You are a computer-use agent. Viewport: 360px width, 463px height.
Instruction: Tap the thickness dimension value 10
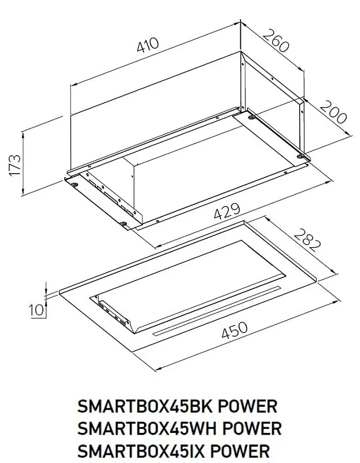click(37, 310)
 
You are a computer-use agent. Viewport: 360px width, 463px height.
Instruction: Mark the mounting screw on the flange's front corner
click(124, 224)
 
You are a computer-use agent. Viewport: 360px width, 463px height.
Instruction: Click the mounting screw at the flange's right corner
click(301, 155)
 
